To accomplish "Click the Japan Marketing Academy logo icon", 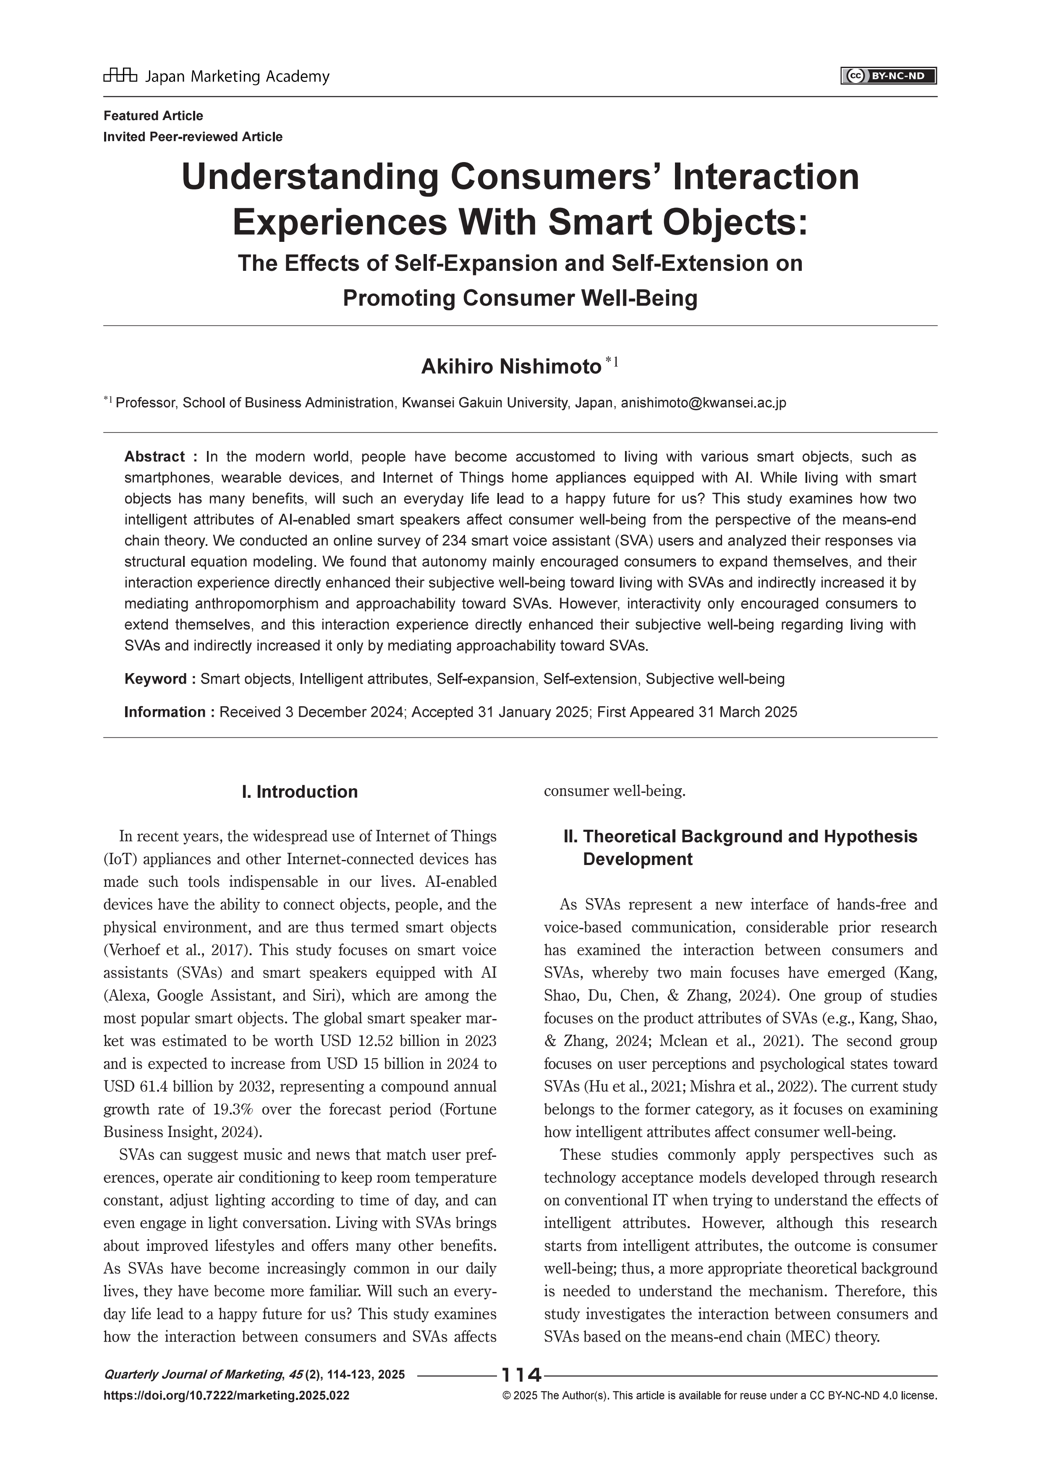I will tap(120, 76).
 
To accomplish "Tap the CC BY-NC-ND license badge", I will tap(888, 76).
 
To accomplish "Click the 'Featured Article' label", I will tap(153, 115).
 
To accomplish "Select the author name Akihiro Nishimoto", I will tap(510, 367).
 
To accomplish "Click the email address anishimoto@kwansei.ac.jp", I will tap(703, 403).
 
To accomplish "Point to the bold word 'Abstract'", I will tap(154, 457).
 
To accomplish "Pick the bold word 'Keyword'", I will tap(156, 679).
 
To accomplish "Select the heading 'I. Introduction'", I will tap(300, 792).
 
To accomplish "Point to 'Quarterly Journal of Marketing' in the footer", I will tap(192, 1374).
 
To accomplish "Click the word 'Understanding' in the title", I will tap(309, 177).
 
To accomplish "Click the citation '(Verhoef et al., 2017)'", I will tap(175, 949).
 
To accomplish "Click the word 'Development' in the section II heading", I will tap(638, 860).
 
